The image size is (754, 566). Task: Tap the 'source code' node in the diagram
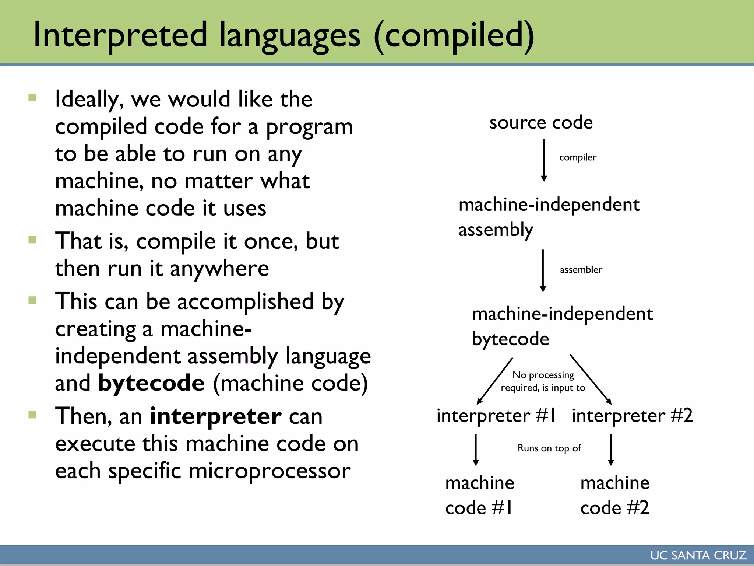(x=541, y=122)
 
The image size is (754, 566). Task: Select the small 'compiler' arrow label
(x=578, y=157)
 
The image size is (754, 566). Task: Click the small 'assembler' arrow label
(x=581, y=270)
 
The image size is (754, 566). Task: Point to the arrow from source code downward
(x=544, y=160)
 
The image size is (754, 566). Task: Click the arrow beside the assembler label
(x=543, y=270)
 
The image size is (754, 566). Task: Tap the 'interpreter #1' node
(x=496, y=416)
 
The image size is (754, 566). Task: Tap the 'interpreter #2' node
(x=632, y=416)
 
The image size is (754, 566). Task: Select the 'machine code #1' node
(x=479, y=495)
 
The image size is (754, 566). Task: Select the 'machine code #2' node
(x=615, y=495)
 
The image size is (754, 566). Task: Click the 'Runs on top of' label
(x=549, y=448)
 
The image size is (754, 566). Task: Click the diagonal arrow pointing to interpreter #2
(x=590, y=380)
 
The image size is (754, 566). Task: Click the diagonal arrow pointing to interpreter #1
(x=495, y=381)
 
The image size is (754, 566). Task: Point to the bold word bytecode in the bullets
(x=151, y=383)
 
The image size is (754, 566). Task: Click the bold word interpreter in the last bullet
(x=216, y=416)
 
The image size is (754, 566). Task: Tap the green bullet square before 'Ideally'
(x=32, y=98)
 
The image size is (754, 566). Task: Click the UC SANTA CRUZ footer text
(x=698, y=555)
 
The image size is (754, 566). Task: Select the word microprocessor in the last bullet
(x=269, y=471)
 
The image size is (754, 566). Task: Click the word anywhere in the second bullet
(x=219, y=269)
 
